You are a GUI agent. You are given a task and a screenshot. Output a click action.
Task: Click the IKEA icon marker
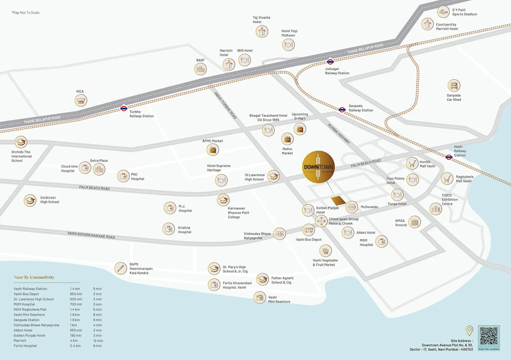pos(80,100)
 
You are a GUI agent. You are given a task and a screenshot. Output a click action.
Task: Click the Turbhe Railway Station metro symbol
pos(125,109)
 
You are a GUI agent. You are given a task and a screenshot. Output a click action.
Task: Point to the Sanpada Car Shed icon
pos(454,86)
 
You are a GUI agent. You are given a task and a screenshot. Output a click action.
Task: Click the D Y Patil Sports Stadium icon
pos(442,11)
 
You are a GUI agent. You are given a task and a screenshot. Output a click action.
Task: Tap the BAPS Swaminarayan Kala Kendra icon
pos(119,268)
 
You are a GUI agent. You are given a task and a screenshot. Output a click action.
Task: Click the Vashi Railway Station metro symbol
pos(449,157)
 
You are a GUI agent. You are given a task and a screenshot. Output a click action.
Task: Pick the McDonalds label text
pos(370,207)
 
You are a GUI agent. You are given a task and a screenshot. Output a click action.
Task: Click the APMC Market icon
pos(213,149)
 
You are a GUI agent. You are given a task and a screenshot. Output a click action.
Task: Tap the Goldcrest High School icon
pos(30,200)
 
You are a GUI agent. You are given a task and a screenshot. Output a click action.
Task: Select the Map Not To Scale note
pos(25,13)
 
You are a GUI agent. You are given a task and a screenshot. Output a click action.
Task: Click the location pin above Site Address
pos(469,331)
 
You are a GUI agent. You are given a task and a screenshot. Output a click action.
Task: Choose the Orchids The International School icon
pos(21,142)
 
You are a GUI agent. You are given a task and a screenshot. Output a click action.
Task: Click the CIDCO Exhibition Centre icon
pos(436,209)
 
